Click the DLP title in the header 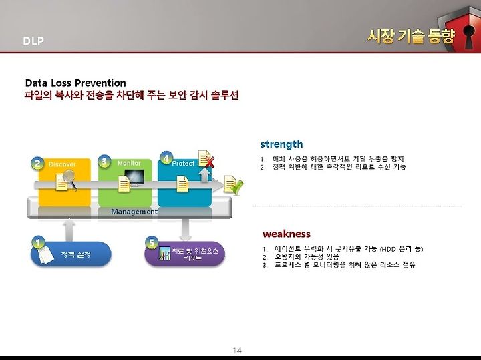point(33,41)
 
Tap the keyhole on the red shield point(468,37)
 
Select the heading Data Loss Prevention point(75,83)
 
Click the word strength point(281,144)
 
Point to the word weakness point(286,234)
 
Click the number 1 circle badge point(38,243)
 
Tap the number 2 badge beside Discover point(37,164)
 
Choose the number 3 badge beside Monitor point(104,161)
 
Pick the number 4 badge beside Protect point(166,158)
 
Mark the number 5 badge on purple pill point(152,243)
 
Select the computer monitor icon point(135,178)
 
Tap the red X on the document point(210,162)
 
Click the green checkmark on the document point(237,188)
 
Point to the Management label point(134,212)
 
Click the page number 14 point(237,351)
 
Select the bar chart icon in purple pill point(165,254)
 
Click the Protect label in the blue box point(183,164)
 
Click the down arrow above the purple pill point(185,230)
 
